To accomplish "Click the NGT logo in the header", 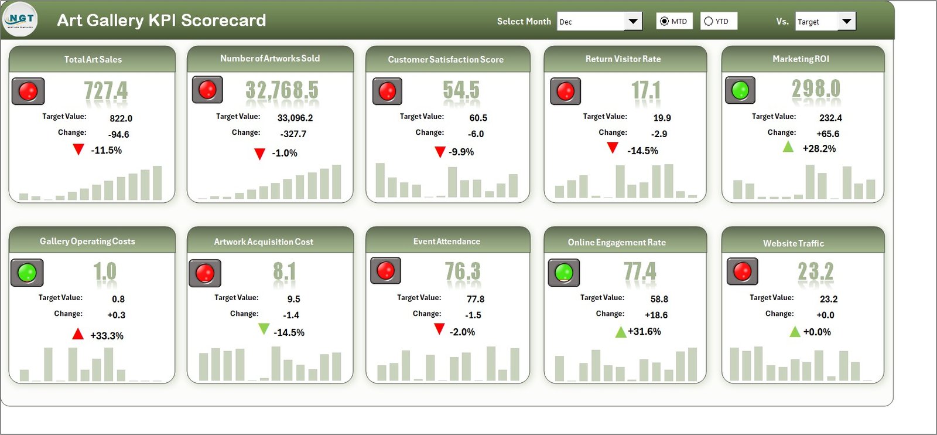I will (x=20, y=20).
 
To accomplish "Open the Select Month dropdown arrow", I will (x=632, y=22).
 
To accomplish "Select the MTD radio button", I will (x=664, y=21).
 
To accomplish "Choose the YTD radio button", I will (x=709, y=21).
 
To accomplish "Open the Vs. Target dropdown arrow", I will (x=846, y=22).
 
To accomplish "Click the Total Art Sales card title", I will (x=93, y=59).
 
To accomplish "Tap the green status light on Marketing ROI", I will (x=740, y=90).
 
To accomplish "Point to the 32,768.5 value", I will (x=282, y=90).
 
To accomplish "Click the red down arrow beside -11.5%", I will (x=78, y=149).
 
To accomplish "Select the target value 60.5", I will (x=478, y=118).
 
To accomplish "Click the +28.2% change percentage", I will (x=819, y=148).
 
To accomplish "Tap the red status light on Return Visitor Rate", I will (x=565, y=91).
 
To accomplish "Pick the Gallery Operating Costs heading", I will (x=87, y=241).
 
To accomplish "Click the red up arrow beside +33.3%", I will (x=78, y=334).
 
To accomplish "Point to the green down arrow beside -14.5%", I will (x=264, y=329).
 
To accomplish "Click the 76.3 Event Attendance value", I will (x=462, y=271).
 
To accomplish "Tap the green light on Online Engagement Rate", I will (x=563, y=272).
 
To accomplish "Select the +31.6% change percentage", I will (x=644, y=331).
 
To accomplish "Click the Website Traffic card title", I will (x=793, y=243).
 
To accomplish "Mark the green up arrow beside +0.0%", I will (x=795, y=332).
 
